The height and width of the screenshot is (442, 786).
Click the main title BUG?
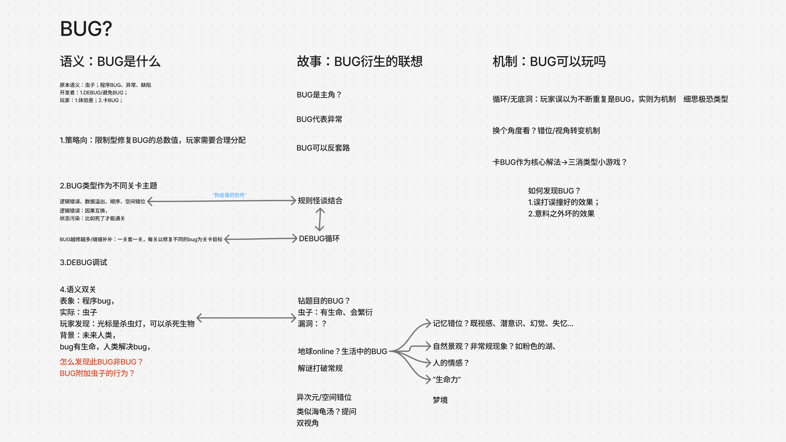tap(86, 29)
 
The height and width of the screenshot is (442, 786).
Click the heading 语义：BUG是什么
tap(110, 61)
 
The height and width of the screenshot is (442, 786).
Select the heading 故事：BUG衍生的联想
tap(359, 61)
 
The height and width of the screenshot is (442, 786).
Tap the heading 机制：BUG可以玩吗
tap(549, 61)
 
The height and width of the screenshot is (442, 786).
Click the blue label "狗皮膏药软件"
tap(229, 195)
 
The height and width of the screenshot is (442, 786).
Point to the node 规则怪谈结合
tap(320, 201)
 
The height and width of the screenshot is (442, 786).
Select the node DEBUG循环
tap(319, 239)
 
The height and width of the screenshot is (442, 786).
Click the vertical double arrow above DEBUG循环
tap(319, 220)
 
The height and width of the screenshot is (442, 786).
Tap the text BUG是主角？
tap(319, 95)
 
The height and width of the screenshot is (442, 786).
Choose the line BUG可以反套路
tap(323, 148)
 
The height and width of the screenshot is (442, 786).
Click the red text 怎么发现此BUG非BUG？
tap(101, 362)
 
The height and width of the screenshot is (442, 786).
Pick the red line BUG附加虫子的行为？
tap(97, 373)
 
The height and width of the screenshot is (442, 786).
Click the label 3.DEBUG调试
tap(83, 262)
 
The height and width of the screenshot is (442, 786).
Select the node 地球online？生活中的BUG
tap(342, 351)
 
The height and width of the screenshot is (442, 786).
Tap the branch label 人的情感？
tap(451, 363)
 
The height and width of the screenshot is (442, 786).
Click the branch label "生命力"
tap(447, 380)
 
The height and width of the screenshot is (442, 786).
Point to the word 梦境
tap(440, 400)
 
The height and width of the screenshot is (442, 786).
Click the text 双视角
tap(307, 423)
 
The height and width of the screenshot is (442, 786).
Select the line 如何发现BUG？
tap(554, 191)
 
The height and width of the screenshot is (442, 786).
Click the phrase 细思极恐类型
tap(705, 99)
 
